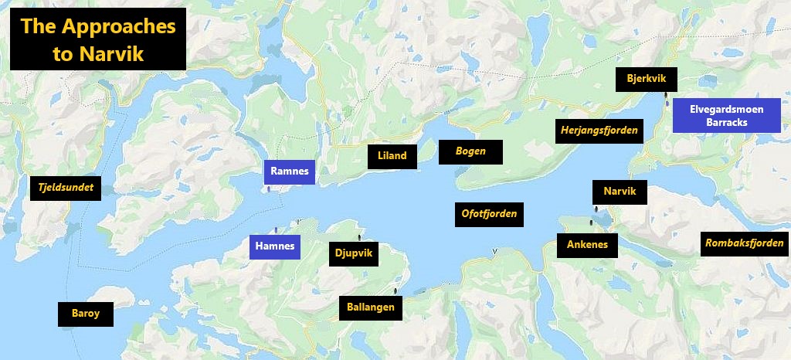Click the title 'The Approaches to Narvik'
click(98, 39)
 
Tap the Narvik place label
click(620, 192)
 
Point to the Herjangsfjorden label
click(599, 131)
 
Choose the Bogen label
click(470, 151)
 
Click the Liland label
click(392, 156)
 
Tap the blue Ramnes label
click(290, 172)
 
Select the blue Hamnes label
click(274, 247)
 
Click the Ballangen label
click(371, 307)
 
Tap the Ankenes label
click(587, 246)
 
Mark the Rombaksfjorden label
click(744, 244)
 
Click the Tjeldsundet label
click(65, 187)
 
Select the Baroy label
click(85, 314)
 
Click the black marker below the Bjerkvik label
click(666, 98)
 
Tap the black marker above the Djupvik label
click(358, 238)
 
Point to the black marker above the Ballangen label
click(395, 291)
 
